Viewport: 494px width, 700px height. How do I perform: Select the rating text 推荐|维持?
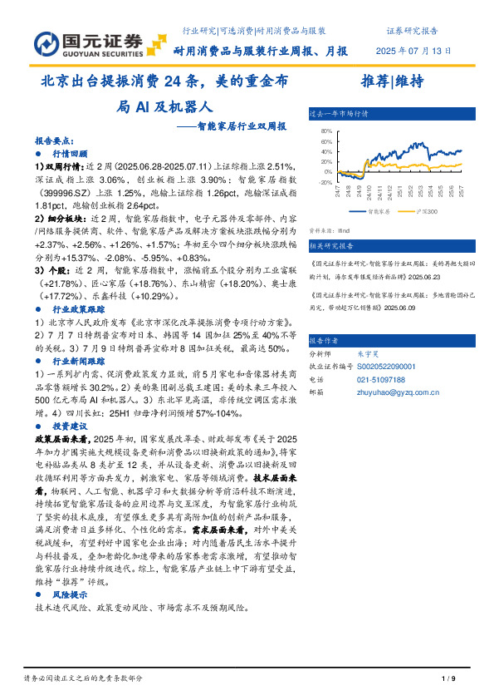coord(393,81)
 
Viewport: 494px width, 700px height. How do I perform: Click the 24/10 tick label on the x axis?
coord(364,194)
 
